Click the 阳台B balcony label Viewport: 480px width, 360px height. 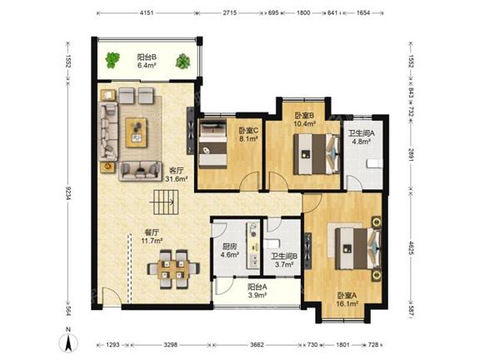click(147, 57)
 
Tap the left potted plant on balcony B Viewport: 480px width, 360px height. click(112, 60)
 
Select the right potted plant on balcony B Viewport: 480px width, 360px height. click(183, 61)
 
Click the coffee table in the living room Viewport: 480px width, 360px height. click(136, 132)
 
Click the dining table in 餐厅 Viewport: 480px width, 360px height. click(173, 269)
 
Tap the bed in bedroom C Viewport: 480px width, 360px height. click(212, 143)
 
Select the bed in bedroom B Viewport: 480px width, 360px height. click(317, 154)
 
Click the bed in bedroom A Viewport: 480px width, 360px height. click(358, 248)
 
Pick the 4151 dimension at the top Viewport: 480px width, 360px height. click(147, 12)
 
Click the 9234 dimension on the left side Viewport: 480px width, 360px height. click(68, 194)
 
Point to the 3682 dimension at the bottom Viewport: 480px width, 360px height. click(257, 345)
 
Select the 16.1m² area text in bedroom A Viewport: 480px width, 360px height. click(347, 303)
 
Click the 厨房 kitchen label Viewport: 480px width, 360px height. click(230, 247)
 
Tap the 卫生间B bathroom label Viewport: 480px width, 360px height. click(284, 257)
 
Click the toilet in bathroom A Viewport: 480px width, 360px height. click(375, 163)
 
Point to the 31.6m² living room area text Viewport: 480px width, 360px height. click(177, 178)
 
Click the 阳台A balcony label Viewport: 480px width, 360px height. click(257, 287)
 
